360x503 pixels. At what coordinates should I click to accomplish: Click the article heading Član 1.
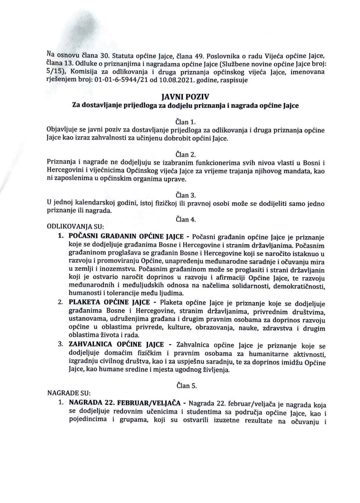click(185, 122)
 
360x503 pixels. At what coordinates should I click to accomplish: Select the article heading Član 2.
click(185, 154)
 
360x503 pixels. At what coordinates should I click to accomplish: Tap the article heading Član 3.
click(185, 195)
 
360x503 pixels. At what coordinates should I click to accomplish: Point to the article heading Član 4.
click(185, 219)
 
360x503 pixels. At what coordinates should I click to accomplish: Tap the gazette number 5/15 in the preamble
click(53, 72)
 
